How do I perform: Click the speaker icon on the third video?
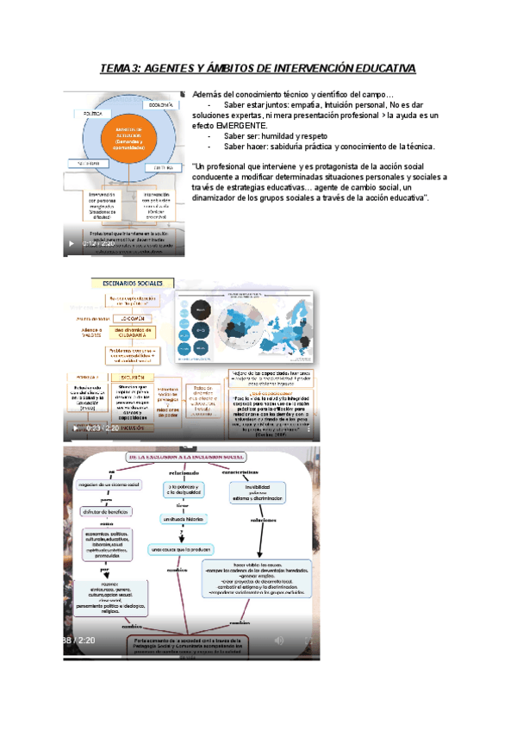click(x=277, y=640)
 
